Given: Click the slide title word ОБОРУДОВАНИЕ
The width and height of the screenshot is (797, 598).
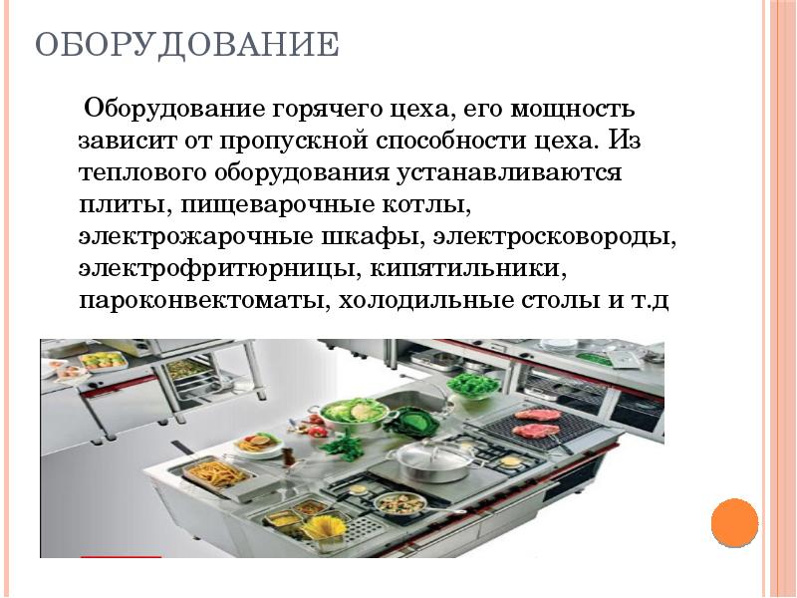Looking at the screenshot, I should coord(186,46).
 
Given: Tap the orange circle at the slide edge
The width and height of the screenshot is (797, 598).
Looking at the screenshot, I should coord(735,523).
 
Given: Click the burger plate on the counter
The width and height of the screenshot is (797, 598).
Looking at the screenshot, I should coord(257,443).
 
